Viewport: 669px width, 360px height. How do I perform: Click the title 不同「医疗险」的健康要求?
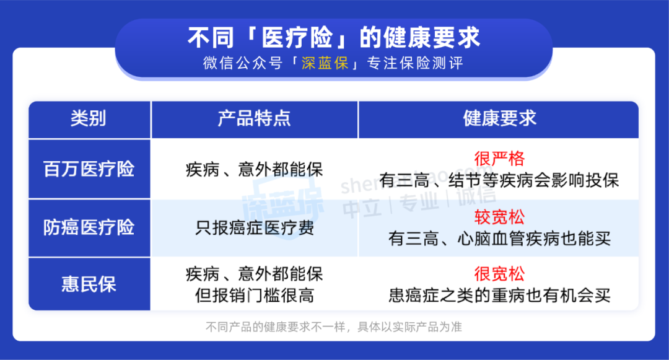coord(334,38)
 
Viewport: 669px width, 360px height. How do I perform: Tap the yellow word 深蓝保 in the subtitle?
coord(325,63)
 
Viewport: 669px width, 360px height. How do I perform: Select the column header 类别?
coord(89,118)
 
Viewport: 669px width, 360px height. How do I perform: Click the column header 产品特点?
coord(255,118)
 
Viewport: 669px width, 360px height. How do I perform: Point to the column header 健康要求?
coord(500,118)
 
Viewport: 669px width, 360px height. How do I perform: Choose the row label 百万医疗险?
coord(89,169)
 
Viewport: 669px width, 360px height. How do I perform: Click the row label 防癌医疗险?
coord(89,227)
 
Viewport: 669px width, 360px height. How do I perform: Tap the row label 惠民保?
coord(89,284)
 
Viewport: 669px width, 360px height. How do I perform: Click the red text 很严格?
coord(499,159)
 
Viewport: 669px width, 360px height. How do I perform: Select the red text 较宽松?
coord(499,217)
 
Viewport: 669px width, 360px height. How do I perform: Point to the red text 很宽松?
coord(499,274)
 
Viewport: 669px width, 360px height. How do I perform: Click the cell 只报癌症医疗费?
coord(255,228)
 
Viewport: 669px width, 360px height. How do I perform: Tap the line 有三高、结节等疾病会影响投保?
coord(499,180)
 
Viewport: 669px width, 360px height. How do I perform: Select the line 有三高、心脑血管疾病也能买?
coord(499,239)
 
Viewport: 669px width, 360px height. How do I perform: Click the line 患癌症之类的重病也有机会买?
coord(499,295)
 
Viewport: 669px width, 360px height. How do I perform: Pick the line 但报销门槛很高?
coord(255,295)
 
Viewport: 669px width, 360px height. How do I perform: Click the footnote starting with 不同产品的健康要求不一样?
coord(334,327)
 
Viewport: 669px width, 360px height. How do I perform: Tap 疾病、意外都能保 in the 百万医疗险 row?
coord(255,169)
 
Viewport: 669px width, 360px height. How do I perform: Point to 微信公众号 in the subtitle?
coord(243,63)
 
